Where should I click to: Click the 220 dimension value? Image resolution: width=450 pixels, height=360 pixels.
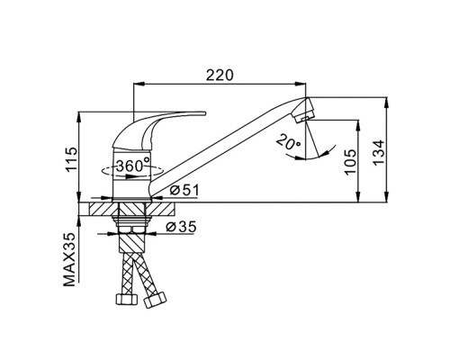(x=220, y=75)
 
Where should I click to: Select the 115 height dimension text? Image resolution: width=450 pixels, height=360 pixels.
(x=72, y=159)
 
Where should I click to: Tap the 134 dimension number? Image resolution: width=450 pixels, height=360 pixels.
(x=378, y=152)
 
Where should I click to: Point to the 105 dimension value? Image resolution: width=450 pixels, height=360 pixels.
(x=350, y=161)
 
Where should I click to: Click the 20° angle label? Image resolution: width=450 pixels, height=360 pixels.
(x=289, y=142)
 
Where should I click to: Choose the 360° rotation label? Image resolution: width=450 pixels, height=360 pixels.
(x=132, y=165)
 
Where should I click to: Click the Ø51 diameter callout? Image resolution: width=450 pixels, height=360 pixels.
(x=184, y=190)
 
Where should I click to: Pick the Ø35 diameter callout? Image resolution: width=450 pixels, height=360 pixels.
(x=181, y=227)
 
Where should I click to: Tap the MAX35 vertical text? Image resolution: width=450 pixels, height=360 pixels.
(x=69, y=260)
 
